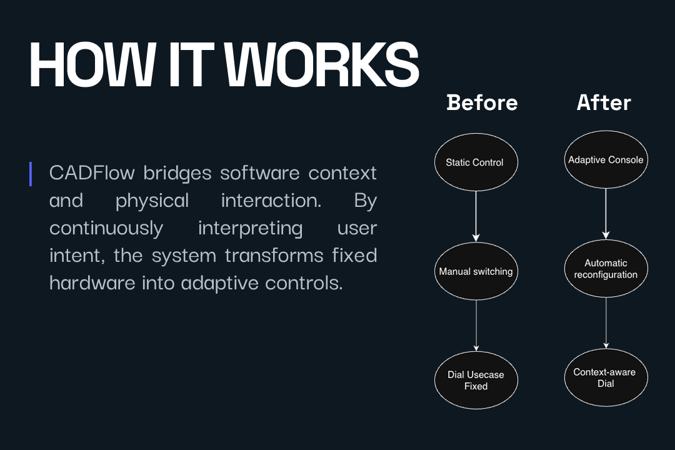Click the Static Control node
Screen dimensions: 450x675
pyautogui.click(x=476, y=162)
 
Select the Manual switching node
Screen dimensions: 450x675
pyautogui.click(x=476, y=271)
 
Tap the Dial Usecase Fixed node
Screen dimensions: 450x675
pyautogui.click(x=476, y=380)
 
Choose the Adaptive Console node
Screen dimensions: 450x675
pyautogui.click(x=605, y=160)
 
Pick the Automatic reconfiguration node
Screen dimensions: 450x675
pyautogui.click(x=605, y=269)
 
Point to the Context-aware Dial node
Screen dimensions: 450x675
pyautogui.click(x=605, y=377)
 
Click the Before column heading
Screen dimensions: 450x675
pyautogui.click(x=482, y=102)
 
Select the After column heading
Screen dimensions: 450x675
pyautogui.click(x=604, y=102)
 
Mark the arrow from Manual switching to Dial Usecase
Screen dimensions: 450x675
pyautogui.click(x=476, y=325)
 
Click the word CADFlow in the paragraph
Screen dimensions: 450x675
pyautogui.click(x=92, y=172)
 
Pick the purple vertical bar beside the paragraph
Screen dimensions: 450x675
pyautogui.click(x=30, y=174)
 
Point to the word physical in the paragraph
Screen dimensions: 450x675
pyautogui.click(x=152, y=201)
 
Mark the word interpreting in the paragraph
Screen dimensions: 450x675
pyautogui.click(x=250, y=228)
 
